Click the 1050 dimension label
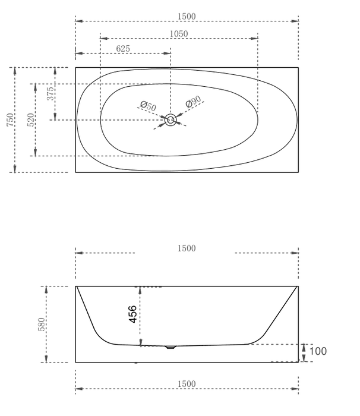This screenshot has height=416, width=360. click(179, 34)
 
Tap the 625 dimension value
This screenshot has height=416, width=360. click(123, 49)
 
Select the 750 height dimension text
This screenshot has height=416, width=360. click(10, 119)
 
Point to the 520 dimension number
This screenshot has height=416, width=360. click(30, 119)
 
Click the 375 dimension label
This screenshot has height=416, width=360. click(50, 93)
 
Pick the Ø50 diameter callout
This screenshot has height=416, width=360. click(148, 106)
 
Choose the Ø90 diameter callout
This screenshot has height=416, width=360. click(194, 102)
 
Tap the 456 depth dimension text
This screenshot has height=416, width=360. click(132, 314)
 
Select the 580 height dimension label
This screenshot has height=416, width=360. click(42, 324)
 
